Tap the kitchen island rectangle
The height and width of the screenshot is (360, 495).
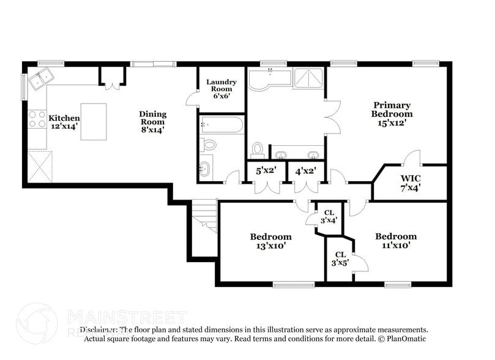click(x=94, y=122)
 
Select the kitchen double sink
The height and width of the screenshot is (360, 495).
click(x=42, y=78)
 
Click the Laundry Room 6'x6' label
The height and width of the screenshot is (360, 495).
click(x=221, y=89)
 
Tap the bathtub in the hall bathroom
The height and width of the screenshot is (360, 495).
click(x=221, y=126)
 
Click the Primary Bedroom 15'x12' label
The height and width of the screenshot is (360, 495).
click(x=392, y=114)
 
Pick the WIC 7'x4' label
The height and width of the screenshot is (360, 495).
click(x=411, y=182)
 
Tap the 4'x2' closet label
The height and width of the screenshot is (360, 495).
click(x=305, y=171)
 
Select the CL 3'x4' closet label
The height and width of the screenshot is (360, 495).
click(x=329, y=216)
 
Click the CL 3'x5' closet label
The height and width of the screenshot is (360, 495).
click(x=340, y=258)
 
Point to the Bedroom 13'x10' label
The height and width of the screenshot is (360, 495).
click(x=270, y=241)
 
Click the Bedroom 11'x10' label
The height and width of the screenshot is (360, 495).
click(x=396, y=241)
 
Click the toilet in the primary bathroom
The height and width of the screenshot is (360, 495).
click(x=258, y=149)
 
